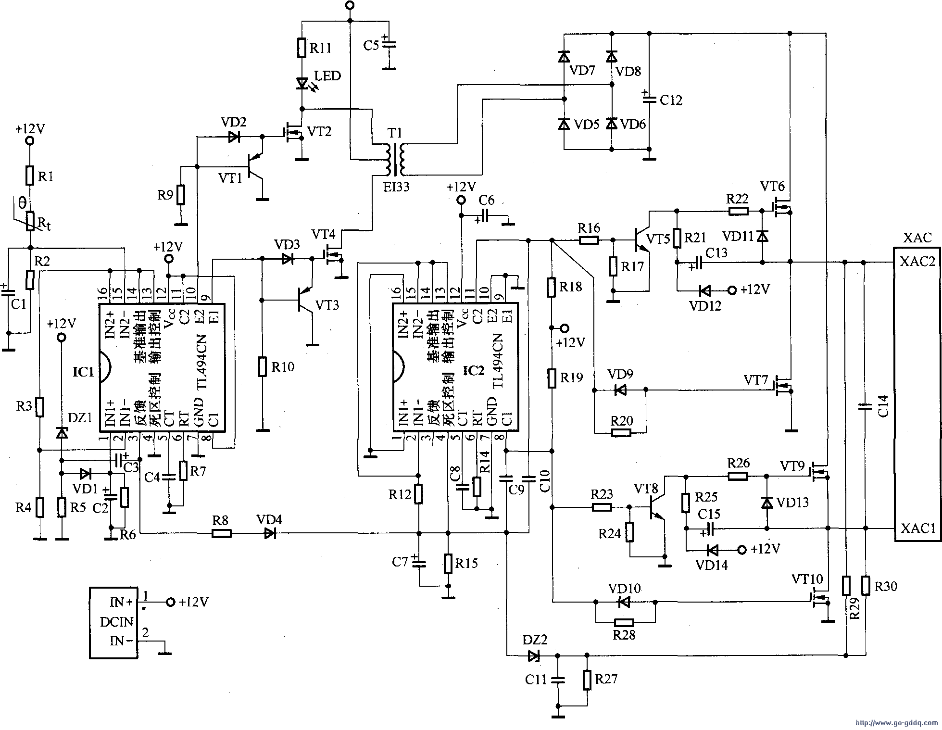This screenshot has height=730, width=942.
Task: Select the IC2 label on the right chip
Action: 473,371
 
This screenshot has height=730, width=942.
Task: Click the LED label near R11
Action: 327,76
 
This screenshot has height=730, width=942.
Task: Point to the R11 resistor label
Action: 321,48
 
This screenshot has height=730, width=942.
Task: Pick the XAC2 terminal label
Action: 917,262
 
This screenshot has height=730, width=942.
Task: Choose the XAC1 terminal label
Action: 917,528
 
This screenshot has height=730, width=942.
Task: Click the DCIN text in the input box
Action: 116,622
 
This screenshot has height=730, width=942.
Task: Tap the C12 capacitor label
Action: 671,100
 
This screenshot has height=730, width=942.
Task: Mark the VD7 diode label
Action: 582,71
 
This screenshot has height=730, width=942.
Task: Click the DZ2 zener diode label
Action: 535,640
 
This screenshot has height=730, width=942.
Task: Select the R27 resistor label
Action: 605,679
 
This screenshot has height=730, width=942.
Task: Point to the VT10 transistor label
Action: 807,579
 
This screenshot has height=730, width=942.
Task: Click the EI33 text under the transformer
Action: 396,187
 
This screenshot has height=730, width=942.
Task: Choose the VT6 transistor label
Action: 772,186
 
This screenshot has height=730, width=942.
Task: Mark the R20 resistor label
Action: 622,421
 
